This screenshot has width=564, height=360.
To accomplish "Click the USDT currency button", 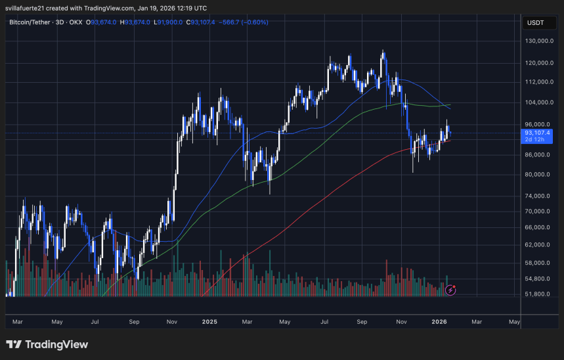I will [535, 23].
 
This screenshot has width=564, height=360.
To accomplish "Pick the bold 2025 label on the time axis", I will [209, 322].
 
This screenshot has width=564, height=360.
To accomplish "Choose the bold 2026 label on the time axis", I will [439, 322].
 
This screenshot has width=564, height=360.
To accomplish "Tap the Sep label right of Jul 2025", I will [362, 322].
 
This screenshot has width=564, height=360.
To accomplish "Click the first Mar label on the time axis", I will [18, 322].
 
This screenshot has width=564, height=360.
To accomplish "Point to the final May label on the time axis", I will [515, 322].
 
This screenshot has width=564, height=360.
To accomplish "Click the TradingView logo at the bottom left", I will [47, 344].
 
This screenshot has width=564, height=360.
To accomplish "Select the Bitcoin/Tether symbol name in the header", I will [32, 22].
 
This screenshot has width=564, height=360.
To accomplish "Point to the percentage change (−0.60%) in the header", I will [254, 22].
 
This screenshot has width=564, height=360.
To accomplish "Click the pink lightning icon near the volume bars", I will [450, 289].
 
